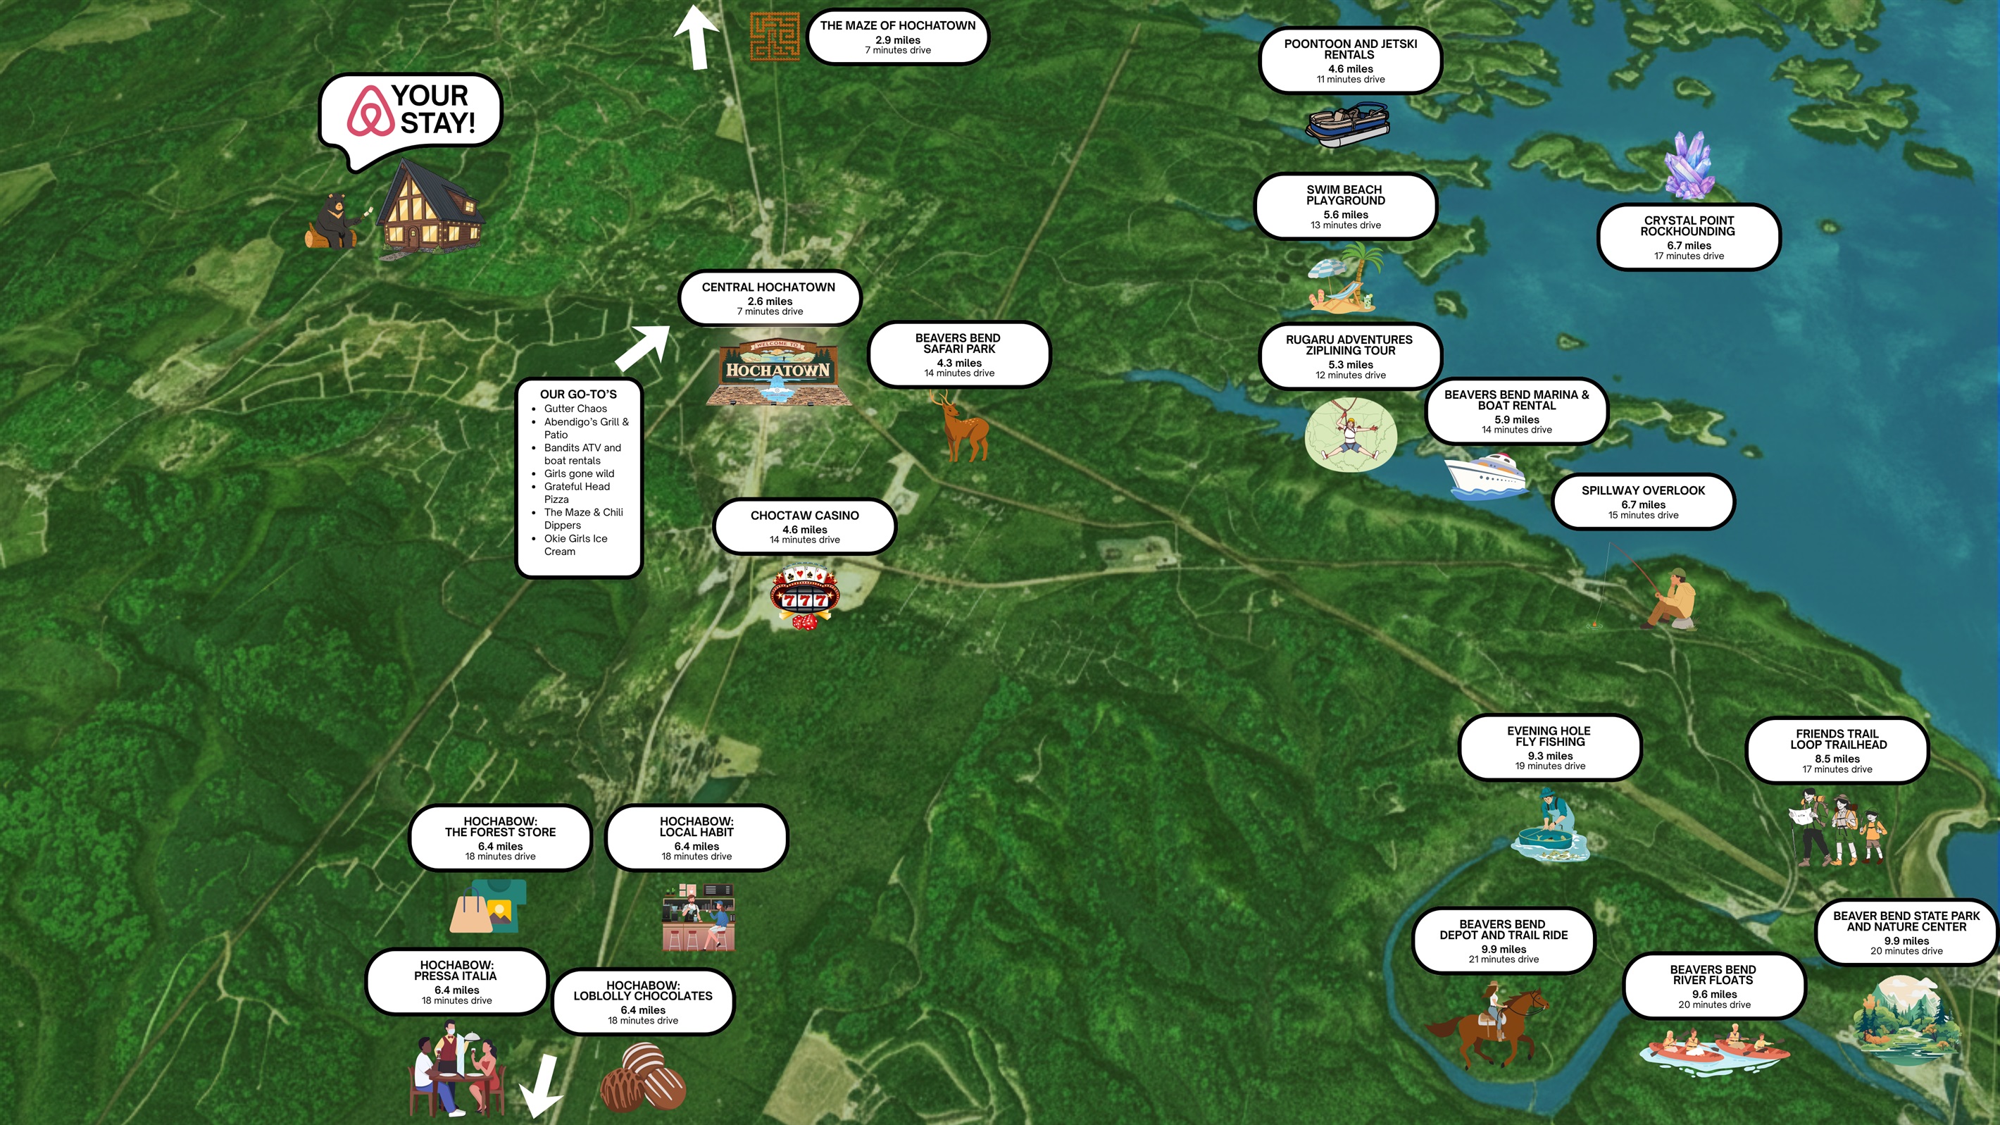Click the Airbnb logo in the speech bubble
[370, 111]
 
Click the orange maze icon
[774, 37]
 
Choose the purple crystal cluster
[1689, 166]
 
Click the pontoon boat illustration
[1347, 124]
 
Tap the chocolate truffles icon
[642, 1078]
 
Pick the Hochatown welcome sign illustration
[778, 373]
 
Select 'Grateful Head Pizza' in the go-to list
[577, 493]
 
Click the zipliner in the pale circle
[1350, 435]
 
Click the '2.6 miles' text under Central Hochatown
[770, 302]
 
